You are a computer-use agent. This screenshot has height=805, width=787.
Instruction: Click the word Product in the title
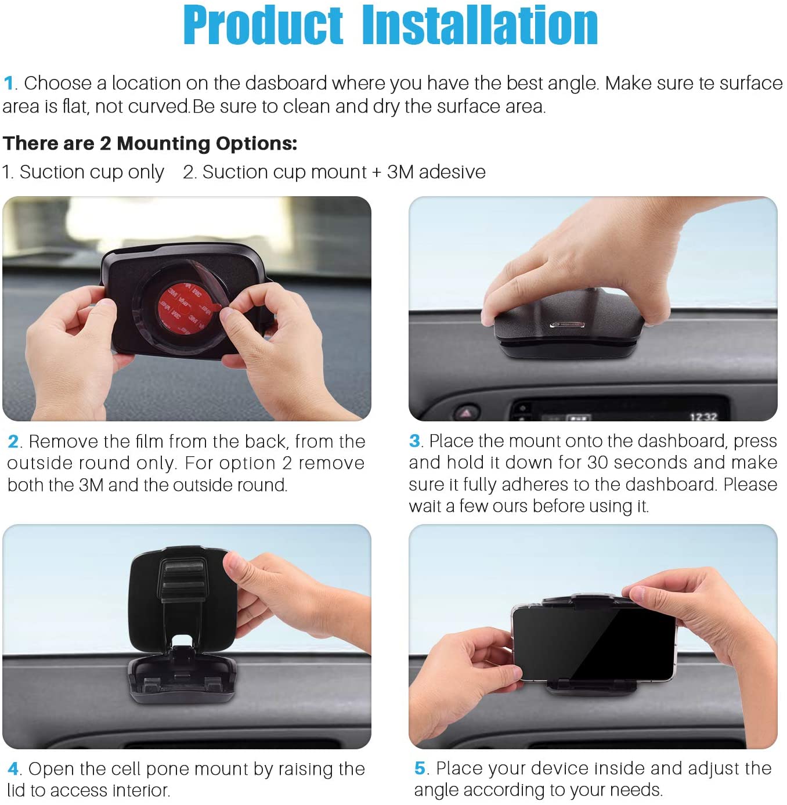coord(263,25)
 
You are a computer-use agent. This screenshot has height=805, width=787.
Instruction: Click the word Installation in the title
coord(480,25)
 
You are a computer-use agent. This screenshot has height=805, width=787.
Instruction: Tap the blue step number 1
coord(8,83)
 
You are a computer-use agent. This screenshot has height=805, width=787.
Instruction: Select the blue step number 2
coord(13,441)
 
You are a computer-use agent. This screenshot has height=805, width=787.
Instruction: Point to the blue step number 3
coord(414,441)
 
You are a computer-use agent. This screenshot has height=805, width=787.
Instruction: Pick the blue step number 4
coord(13,769)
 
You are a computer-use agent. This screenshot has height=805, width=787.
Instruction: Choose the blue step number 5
coord(420,768)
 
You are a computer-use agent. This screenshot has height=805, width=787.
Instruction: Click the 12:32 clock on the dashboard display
coord(703,416)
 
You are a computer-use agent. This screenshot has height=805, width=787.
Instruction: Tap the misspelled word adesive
coord(452,172)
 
